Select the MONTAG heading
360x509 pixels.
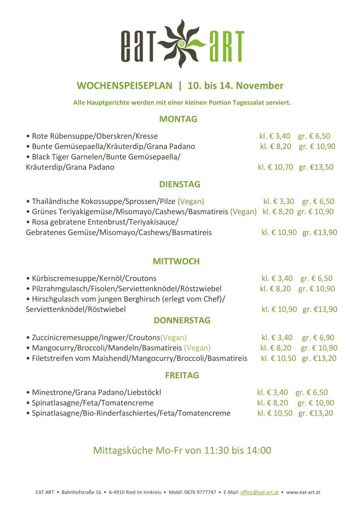tap(178, 119)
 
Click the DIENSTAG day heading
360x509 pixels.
tap(180, 184)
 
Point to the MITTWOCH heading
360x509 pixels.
tap(176, 261)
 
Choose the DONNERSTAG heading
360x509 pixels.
tap(182, 320)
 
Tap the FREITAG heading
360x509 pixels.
tap(181, 375)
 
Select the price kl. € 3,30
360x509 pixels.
tap(278, 201)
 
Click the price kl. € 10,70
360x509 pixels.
tap(275, 167)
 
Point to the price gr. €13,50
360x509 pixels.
tap(316, 167)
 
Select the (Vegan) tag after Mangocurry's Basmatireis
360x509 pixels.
tap(197, 348)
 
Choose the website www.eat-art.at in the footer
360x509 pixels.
tap(303, 492)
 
